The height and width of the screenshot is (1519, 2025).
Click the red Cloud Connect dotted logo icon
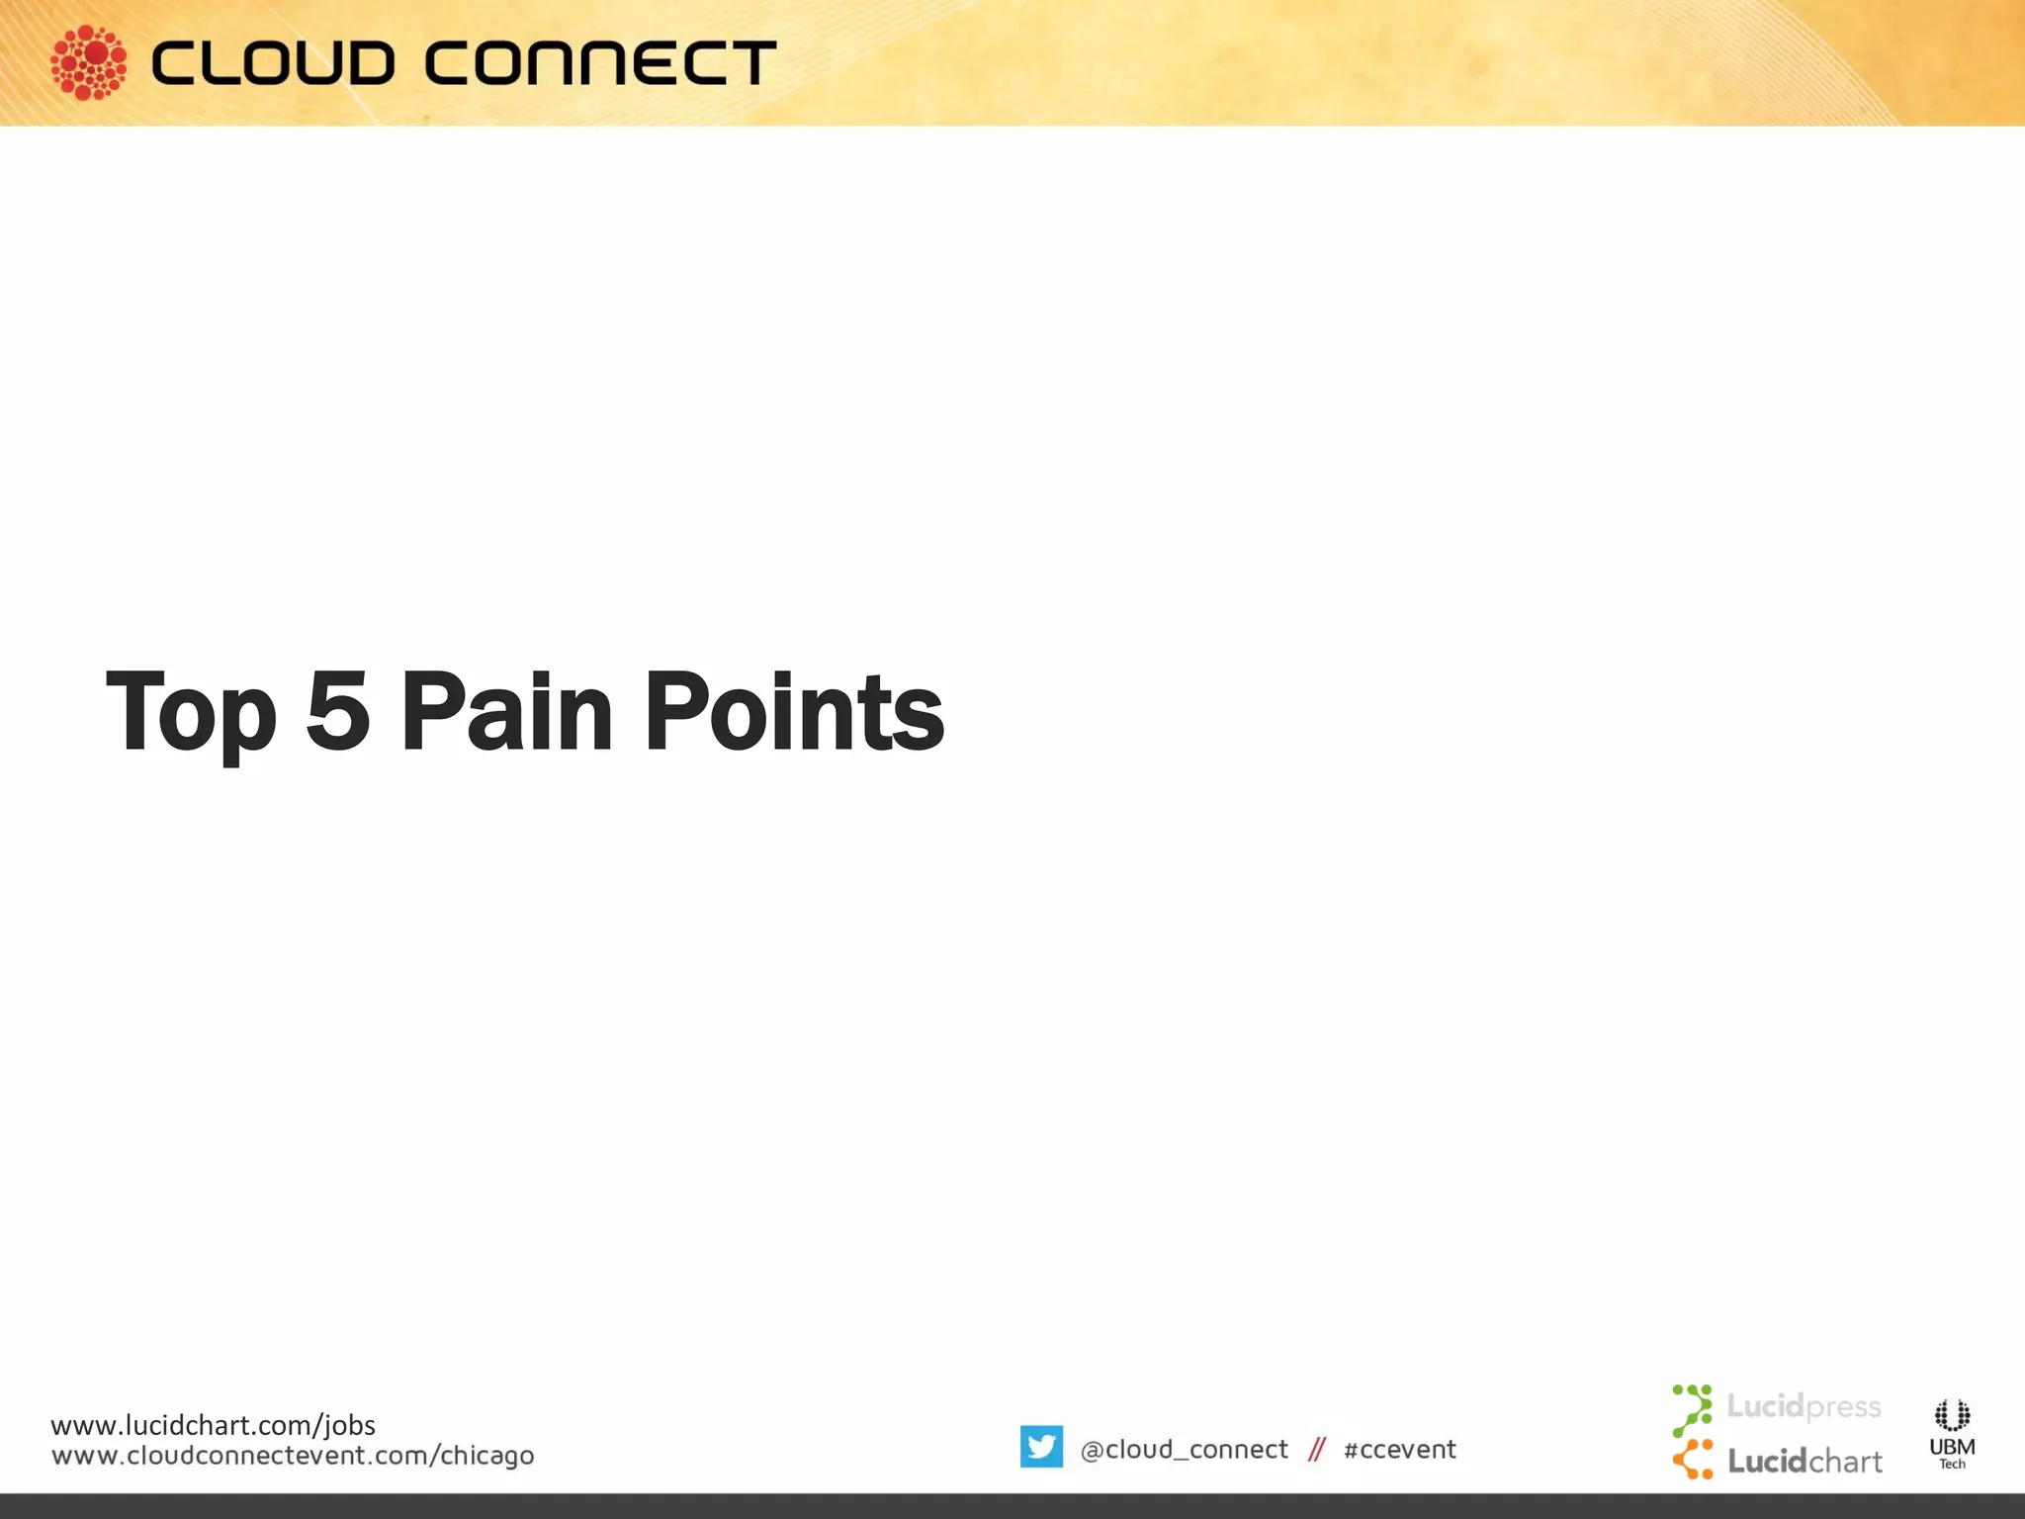(88, 62)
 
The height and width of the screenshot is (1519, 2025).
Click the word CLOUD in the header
(273, 63)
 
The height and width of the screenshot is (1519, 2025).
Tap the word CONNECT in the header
(600, 63)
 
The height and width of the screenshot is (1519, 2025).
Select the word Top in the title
(191, 712)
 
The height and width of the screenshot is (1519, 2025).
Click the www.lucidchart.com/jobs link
(213, 1425)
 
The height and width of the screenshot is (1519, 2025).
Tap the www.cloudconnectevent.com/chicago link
(293, 1456)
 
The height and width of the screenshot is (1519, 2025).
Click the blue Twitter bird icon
(1041, 1447)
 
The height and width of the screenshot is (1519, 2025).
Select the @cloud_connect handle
(1184, 1450)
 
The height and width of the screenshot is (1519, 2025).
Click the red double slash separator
(1316, 1450)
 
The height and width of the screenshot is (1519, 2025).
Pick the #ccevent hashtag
(1399, 1450)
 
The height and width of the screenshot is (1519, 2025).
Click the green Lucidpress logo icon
(1692, 1410)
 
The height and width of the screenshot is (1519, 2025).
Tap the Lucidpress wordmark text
(1804, 1406)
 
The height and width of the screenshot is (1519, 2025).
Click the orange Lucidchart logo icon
(1693, 1460)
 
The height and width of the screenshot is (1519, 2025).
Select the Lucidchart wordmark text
(1805, 1462)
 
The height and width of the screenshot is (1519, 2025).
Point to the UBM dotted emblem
(1952, 1415)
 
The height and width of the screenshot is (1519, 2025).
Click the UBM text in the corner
(1952, 1447)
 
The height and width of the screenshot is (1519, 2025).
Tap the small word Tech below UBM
(1952, 1465)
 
